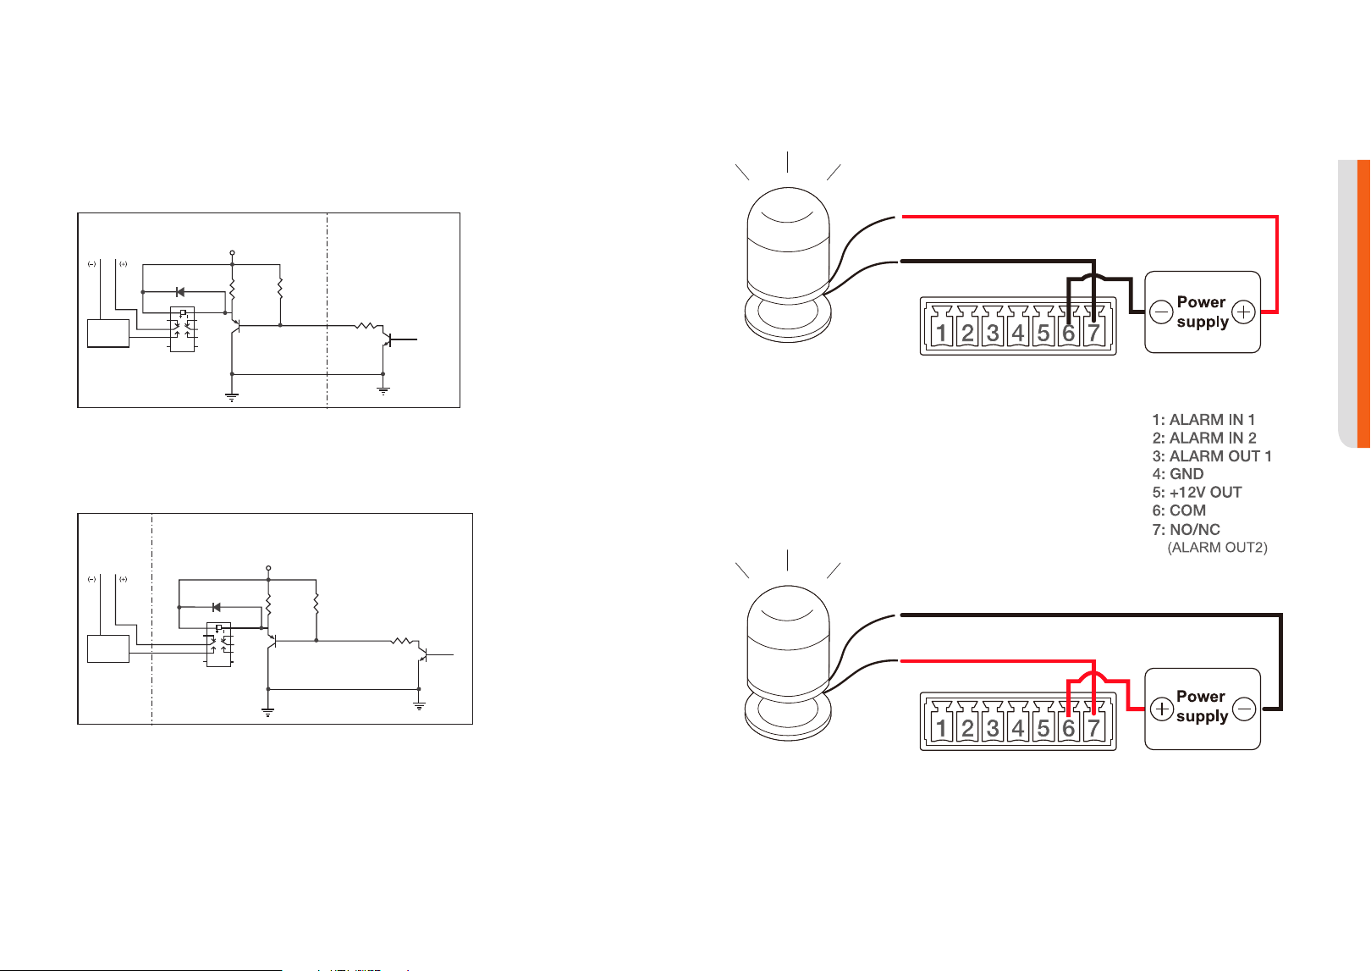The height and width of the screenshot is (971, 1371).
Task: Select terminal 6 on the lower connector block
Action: pyautogui.click(x=1068, y=722)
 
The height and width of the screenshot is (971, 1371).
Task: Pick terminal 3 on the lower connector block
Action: pyautogui.click(x=992, y=722)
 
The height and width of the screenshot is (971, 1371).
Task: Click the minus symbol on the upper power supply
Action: pyautogui.click(x=1160, y=312)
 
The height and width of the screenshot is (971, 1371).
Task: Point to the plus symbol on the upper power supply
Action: pyautogui.click(x=1243, y=312)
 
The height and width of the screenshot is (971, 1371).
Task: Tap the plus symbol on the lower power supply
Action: pyautogui.click(x=1162, y=709)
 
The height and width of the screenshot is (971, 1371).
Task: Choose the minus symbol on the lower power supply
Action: pyautogui.click(x=1244, y=709)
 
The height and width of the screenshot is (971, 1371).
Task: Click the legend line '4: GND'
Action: pyautogui.click(x=1177, y=474)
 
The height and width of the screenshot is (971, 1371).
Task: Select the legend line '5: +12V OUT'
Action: pyautogui.click(x=1197, y=492)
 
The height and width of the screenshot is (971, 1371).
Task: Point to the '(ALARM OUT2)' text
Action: pyautogui.click(x=1217, y=548)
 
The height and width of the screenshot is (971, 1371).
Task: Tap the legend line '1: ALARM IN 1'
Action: pyautogui.click(x=1203, y=419)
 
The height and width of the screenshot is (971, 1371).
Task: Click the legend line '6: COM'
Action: pyautogui.click(x=1179, y=510)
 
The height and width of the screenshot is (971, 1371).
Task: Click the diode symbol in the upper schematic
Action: pyautogui.click(x=180, y=292)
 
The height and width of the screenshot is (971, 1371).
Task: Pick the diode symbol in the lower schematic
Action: pyautogui.click(x=216, y=607)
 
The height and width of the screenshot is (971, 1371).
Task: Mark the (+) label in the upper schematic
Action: pyautogui.click(x=123, y=264)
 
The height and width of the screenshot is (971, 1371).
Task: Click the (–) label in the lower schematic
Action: pyautogui.click(x=91, y=579)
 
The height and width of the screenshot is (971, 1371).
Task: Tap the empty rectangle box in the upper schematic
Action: pyautogui.click(x=108, y=333)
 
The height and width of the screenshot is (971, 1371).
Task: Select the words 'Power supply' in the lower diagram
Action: pyautogui.click(x=1202, y=706)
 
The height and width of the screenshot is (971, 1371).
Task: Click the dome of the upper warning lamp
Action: pyautogui.click(x=789, y=220)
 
